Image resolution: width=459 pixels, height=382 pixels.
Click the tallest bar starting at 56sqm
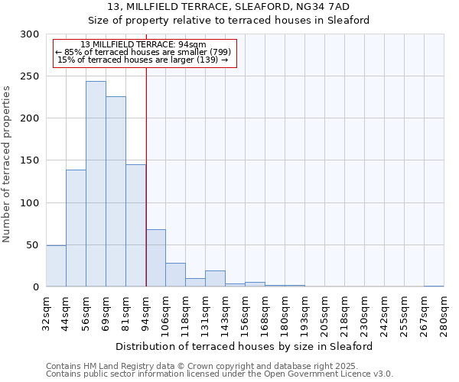pos(96,184)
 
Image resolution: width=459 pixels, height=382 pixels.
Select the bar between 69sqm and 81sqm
pos(116,192)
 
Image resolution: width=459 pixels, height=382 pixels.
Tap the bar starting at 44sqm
pos(76,228)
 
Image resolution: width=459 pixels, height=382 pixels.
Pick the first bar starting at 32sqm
pos(56,266)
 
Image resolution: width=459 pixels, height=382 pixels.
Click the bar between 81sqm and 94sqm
pos(135,225)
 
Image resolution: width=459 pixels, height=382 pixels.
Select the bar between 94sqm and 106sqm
pos(155,258)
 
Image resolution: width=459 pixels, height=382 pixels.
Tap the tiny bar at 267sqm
pos(434,286)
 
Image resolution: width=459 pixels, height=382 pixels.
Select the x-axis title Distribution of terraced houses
pos(245,346)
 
